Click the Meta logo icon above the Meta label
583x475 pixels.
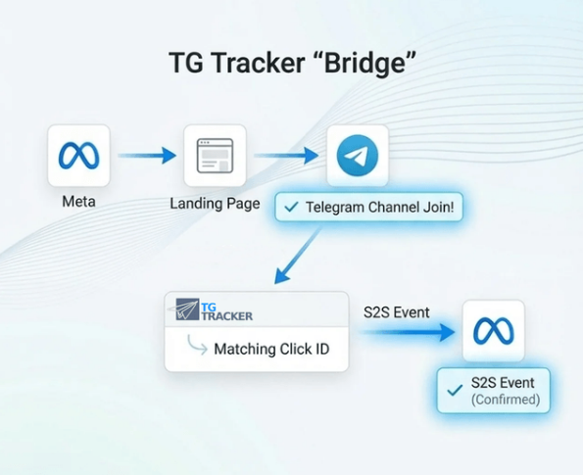(x=78, y=156)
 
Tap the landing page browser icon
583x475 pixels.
(x=215, y=156)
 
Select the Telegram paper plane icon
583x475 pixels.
(x=358, y=156)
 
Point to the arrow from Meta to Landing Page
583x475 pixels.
(x=147, y=156)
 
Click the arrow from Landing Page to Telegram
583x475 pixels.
(x=286, y=156)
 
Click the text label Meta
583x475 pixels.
(x=78, y=202)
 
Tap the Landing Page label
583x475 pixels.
(x=215, y=204)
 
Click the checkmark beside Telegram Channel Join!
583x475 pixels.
(x=291, y=207)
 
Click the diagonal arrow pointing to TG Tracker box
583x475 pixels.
(x=297, y=256)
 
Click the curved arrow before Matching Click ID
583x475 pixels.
(x=197, y=345)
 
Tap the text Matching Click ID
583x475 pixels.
(x=271, y=349)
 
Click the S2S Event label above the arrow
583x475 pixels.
(x=397, y=312)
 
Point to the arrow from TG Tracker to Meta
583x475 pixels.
(x=408, y=332)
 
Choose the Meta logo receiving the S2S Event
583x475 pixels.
(x=494, y=330)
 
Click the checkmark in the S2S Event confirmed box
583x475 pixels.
(x=455, y=390)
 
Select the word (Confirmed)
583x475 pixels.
(x=506, y=400)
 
